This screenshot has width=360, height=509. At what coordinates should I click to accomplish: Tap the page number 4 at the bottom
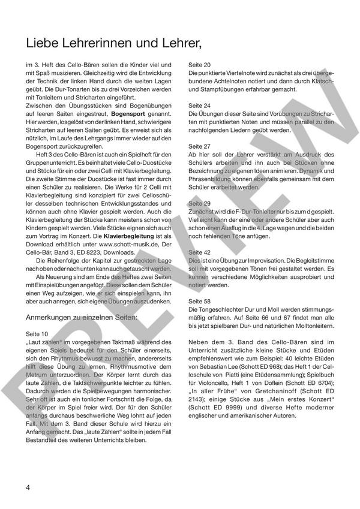coord(28,486)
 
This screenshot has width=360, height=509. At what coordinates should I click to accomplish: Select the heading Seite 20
coord(199,64)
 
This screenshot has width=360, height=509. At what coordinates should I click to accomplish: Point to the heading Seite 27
coord(199,146)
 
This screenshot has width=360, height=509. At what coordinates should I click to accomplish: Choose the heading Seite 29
coord(199,203)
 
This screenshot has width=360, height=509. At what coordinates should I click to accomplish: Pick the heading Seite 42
coord(199,253)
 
